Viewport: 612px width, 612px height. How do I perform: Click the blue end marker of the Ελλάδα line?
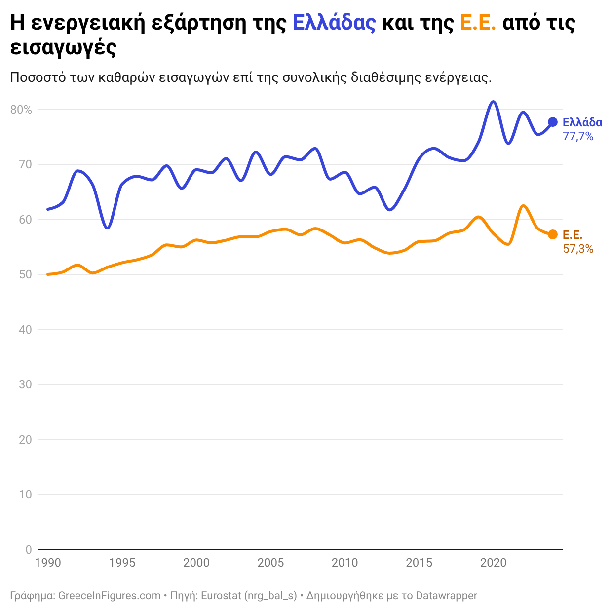pos(553,122)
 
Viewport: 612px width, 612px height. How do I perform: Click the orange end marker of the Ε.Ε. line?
pos(553,234)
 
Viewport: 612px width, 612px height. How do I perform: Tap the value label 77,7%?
pos(578,137)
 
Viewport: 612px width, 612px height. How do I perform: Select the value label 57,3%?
pos(578,249)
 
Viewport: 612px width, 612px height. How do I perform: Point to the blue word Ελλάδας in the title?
pos(334,23)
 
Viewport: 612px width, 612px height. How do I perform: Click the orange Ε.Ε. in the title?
pos(477,23)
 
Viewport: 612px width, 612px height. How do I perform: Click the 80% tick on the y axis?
pos(21,110)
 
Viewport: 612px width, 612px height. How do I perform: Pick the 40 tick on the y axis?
pos(25,330)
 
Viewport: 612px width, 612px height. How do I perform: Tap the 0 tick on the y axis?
pos(29,550)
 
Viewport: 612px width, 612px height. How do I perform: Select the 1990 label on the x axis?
pos(48,563)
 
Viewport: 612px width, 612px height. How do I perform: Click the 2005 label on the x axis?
pos(270,563)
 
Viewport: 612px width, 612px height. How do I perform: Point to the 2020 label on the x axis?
pos(493,563)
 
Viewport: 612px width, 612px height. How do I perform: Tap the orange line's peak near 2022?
pos(523,206)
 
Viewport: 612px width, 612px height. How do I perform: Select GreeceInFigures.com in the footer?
pos(110,596)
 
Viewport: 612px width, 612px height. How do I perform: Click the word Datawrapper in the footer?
pos(446,596)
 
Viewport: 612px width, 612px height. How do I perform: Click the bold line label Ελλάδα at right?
pos(582,122)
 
